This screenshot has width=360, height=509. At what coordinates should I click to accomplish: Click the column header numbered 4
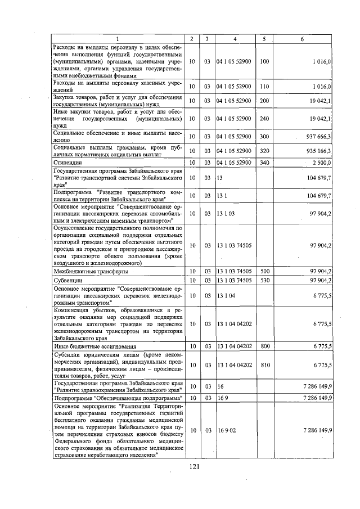point(235,38)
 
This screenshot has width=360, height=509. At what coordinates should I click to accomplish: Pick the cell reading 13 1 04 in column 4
point(225,295)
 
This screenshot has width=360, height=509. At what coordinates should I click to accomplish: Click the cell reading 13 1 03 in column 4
point(225,214)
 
